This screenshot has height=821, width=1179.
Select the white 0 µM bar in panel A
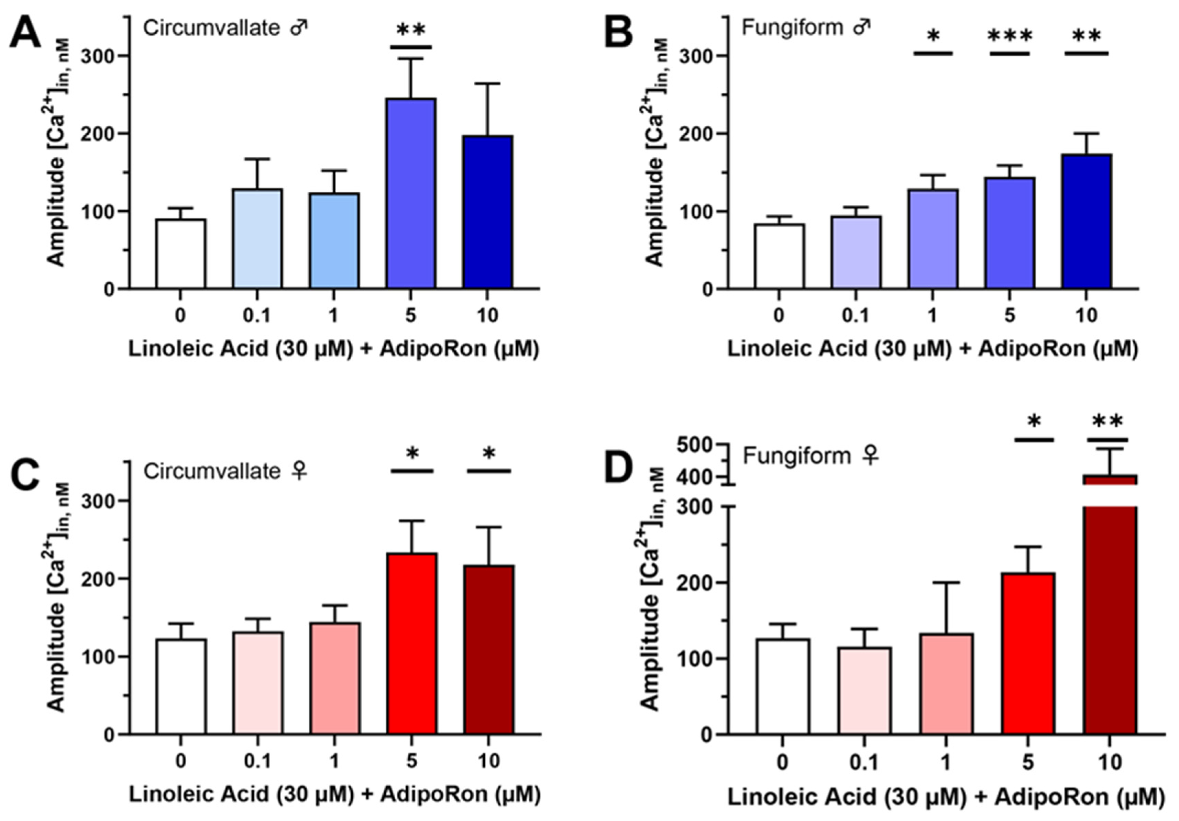[x=181, y=254]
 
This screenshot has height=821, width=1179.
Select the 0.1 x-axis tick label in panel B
[x=856, y=315]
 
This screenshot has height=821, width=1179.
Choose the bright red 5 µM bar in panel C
[x=412, y=644]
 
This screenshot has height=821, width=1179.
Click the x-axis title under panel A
[x=334, y=349]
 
